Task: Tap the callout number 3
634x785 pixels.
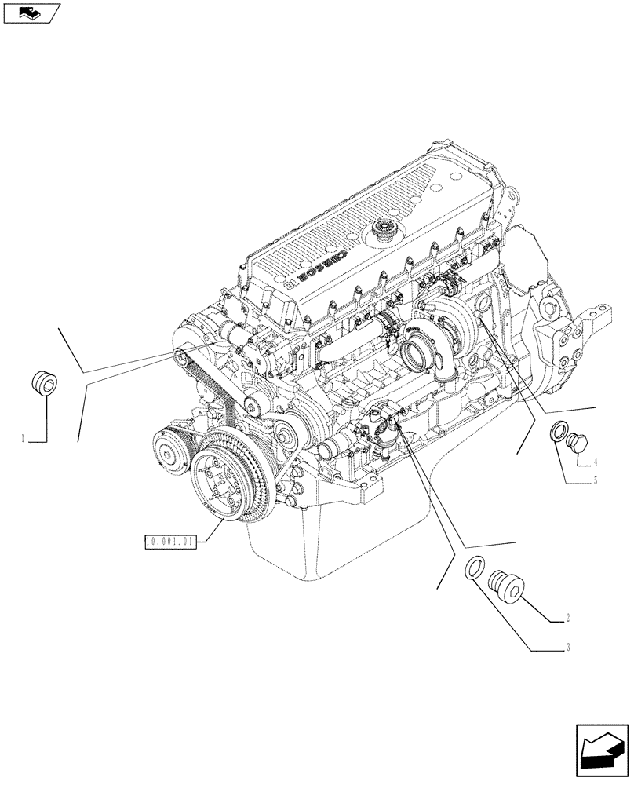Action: pyautogui.click(x=566, y=648)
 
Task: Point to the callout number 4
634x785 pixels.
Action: pyautogui.click(x=596, y=461)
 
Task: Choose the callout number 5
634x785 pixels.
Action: pyautogui.click(x=595, y=480)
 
